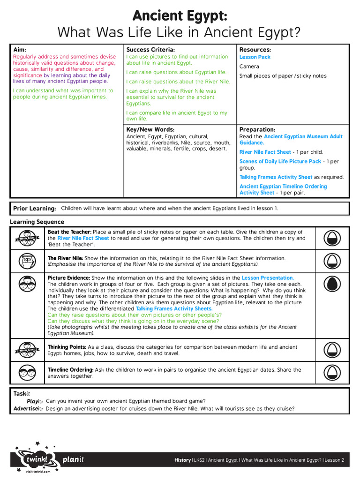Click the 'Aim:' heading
click(x=20, y=50)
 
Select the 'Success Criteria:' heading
click(x=150, y=50)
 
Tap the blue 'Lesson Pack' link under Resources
click(x=255, y=57)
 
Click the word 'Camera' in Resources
click(x=249, y=67)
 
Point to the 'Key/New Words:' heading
click(x=150, y=129)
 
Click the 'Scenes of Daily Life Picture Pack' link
click(x=280, y=161)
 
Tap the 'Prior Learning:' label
click(x=35, y=209)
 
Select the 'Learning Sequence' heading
click(x=37, y=222)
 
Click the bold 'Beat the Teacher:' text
click(x=69, y=232)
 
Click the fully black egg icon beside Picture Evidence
click(x=332, y=284)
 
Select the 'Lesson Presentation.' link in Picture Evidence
click(x=268, y=278)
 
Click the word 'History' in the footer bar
click(x=182, y=460)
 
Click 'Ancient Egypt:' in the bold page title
click(x=180, y=16)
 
